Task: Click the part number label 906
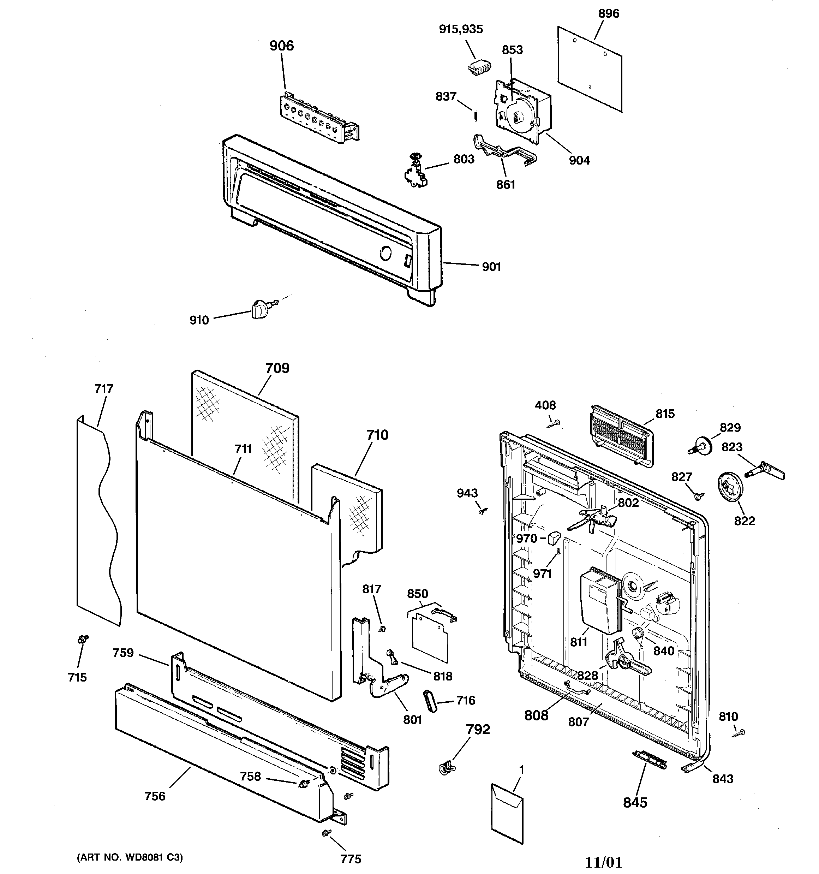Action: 281,46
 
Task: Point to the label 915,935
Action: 461,29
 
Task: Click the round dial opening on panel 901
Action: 385,254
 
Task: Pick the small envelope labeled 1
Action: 507,813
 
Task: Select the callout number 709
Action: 277,368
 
